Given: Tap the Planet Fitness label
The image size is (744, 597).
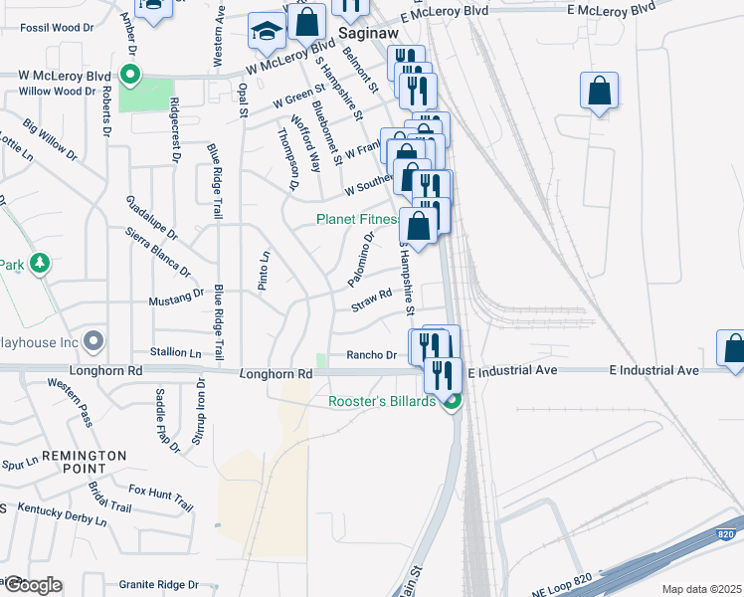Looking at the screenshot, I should click(357, 219).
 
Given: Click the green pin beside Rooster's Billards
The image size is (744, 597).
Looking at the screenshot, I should click(452, 401).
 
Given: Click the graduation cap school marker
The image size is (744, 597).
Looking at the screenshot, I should click(267, 33).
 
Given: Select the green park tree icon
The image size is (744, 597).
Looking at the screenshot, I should click(40, 264).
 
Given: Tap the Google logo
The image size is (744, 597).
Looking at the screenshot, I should click(32, 585).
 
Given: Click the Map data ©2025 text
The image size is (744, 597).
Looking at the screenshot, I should click(702, 589).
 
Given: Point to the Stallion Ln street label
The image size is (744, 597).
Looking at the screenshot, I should click(175, 352).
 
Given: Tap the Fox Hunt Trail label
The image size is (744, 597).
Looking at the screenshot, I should click(161, 497).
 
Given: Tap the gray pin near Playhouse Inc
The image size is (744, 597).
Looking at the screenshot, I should click(93, 342).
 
